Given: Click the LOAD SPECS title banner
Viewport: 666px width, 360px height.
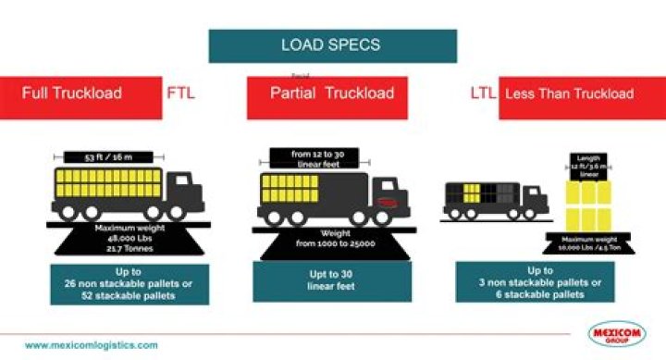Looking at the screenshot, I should tap(332, 45).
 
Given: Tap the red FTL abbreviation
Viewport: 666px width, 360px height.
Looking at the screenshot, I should tap(182, 93).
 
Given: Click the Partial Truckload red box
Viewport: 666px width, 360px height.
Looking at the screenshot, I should tap(331, 93).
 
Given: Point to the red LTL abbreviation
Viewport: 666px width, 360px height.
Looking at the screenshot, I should tap(483, 93).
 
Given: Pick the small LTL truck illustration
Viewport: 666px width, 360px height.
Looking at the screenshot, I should tap(495, 199).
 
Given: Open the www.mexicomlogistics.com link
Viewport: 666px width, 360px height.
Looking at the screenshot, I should tap(92, 344).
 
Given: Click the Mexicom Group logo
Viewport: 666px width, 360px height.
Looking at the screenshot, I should tap(617, 334).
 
